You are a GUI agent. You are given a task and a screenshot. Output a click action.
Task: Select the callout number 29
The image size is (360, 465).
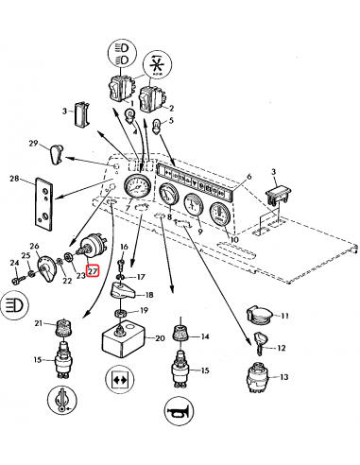click(x=33, y=144)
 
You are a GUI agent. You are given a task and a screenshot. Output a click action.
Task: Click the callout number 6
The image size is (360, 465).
click(x=249, y=177)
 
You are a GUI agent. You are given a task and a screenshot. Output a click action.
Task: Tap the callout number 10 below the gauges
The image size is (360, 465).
click(x=233, y=241)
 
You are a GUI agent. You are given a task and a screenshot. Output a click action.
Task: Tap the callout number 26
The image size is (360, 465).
click(x=34, y=247)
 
